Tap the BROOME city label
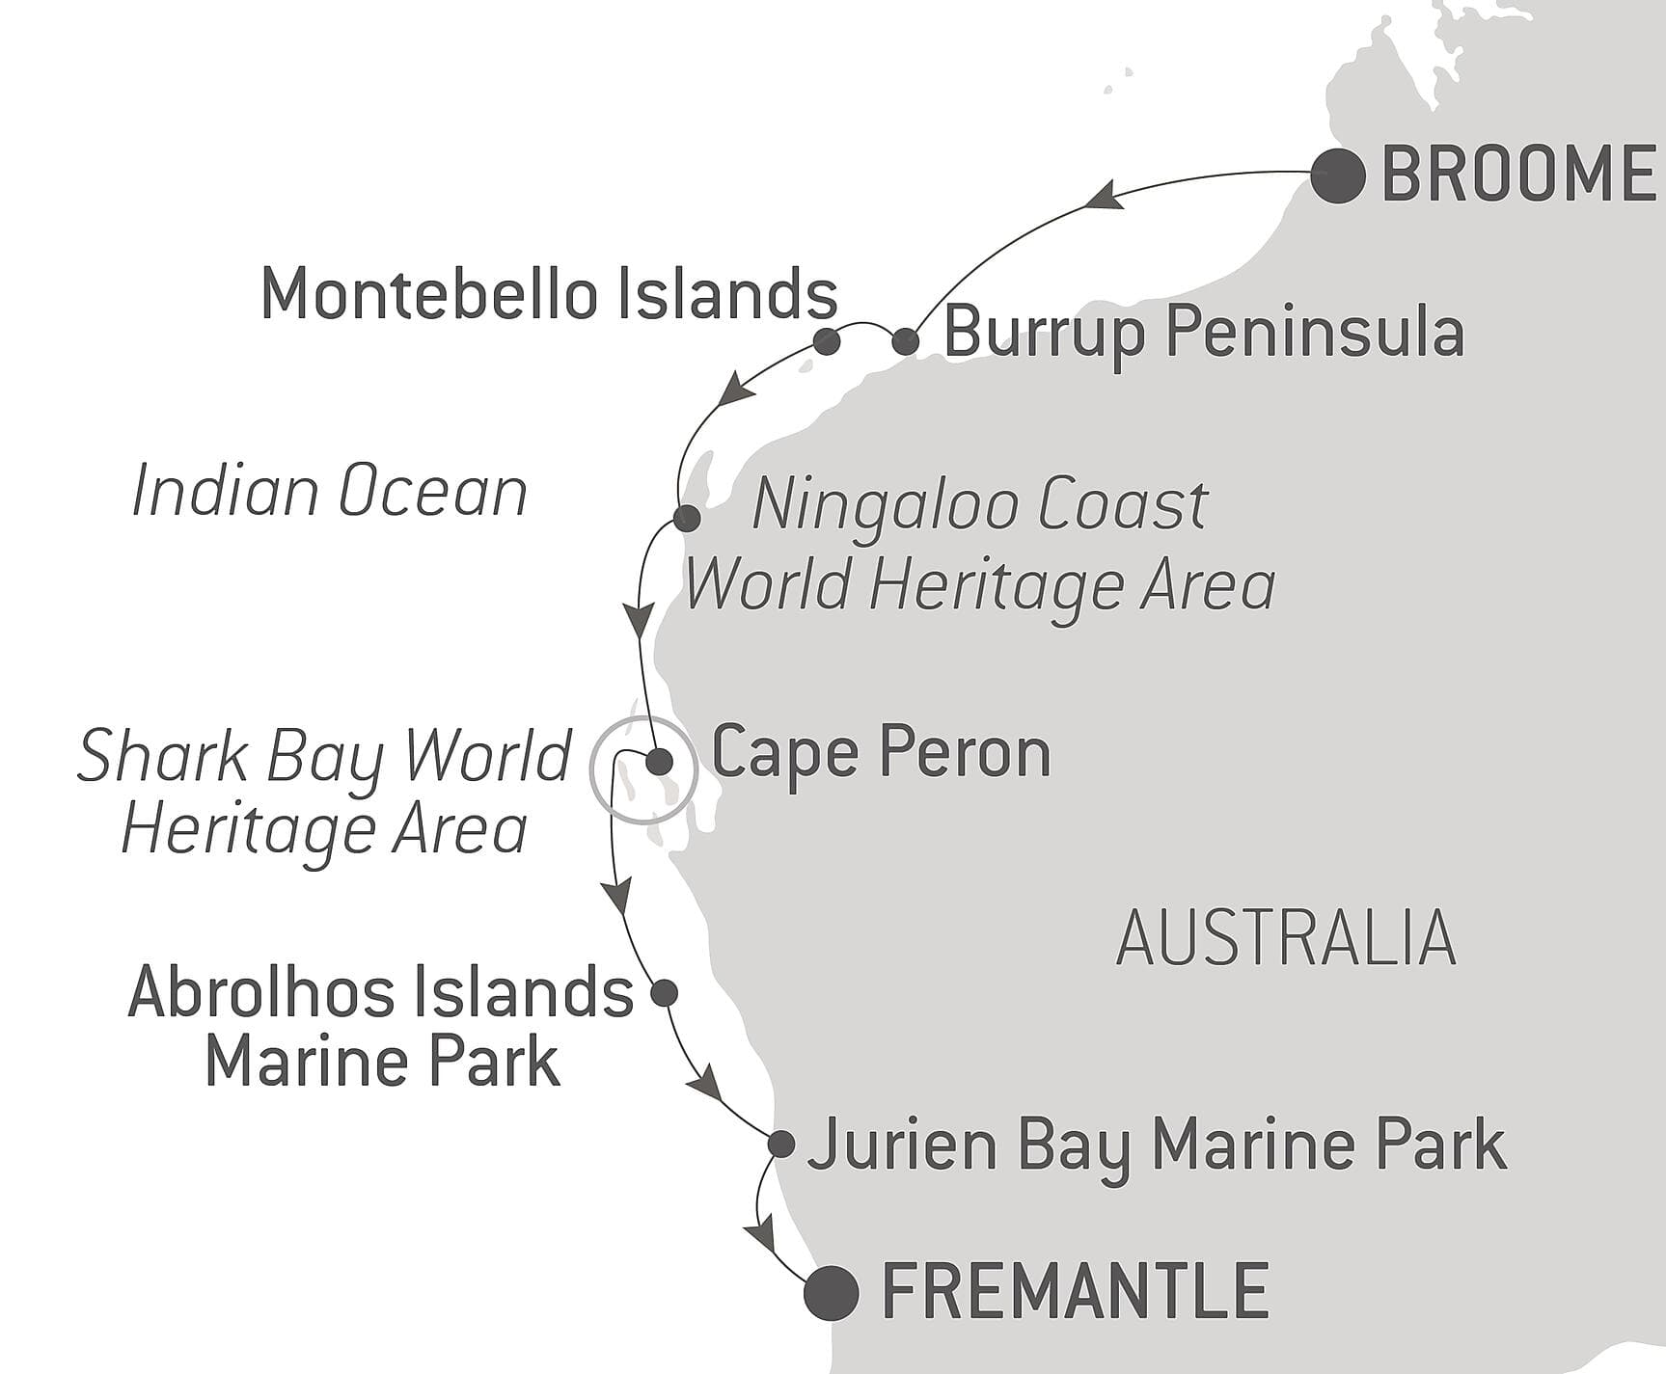coord(1518,175)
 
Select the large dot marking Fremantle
coord(832,1292)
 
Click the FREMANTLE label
coord(1075,1291)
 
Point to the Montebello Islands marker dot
coord(827,341)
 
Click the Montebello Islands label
coord(549,294)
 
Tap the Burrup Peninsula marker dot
coord(905,340)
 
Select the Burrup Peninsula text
coord(1203,333)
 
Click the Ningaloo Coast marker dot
coord(687,518)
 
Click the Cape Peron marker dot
coord(659,763)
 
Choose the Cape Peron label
coord(881,753)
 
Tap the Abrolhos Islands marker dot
coord(665,992)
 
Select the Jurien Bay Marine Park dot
coord(781,1145)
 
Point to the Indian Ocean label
coord(329,492)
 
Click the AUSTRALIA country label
coord(1285,938)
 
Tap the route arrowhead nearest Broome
coord(1103,197)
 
